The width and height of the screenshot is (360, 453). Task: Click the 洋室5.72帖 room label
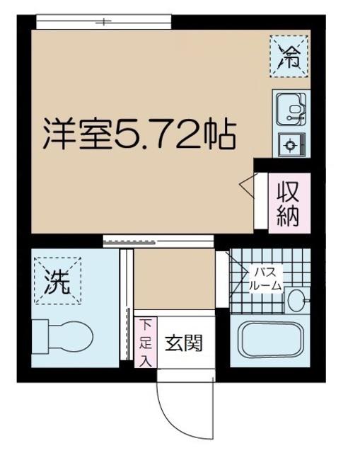139,135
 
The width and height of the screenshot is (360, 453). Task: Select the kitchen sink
290,110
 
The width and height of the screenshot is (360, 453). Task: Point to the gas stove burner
291,145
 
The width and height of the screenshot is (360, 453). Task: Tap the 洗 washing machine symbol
58,282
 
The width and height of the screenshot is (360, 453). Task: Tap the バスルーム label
266,279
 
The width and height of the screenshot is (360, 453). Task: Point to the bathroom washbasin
296,299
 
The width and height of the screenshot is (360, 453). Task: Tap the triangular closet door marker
248,186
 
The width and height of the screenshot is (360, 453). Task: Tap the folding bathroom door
226,276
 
